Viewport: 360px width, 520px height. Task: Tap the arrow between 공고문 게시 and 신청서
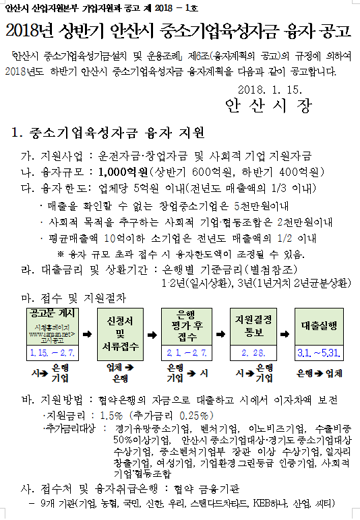pos(86,333)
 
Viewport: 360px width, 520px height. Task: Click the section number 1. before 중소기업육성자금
pos(18,131)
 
